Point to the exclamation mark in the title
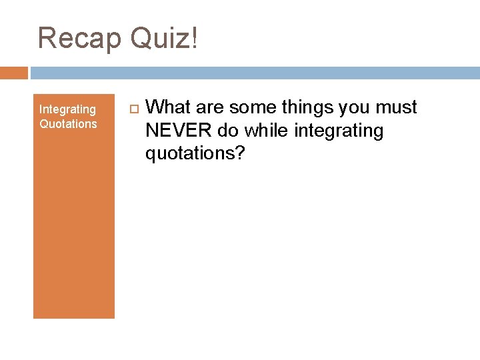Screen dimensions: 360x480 click(x=194, y=38)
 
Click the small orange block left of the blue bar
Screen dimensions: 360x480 click(x=14, y=73)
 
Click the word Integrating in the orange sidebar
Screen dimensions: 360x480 click(x=67, y=109)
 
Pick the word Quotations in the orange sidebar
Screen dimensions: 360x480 click(x=68, y=124)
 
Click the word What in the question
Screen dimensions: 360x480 click(x=167, y=107)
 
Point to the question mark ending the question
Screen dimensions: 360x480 click(x=241, y=153)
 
